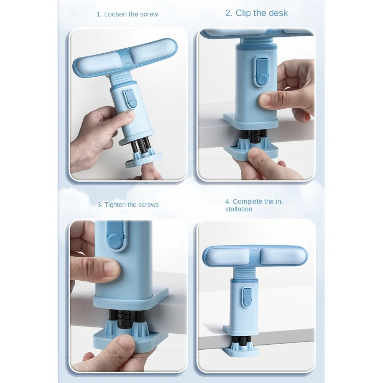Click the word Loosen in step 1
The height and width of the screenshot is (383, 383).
(116, 14)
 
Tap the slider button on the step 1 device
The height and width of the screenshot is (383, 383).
(130, 98)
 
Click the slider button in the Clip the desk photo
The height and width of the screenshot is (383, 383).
(262, 72)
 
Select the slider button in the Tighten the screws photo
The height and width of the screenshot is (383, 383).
(116, 235)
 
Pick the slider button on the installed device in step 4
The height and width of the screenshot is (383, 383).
(247, 298)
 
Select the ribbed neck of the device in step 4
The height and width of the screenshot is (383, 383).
(244, 272)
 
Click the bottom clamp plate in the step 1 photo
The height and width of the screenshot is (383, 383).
(143, 160)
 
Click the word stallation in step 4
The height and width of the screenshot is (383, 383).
(239, 209)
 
